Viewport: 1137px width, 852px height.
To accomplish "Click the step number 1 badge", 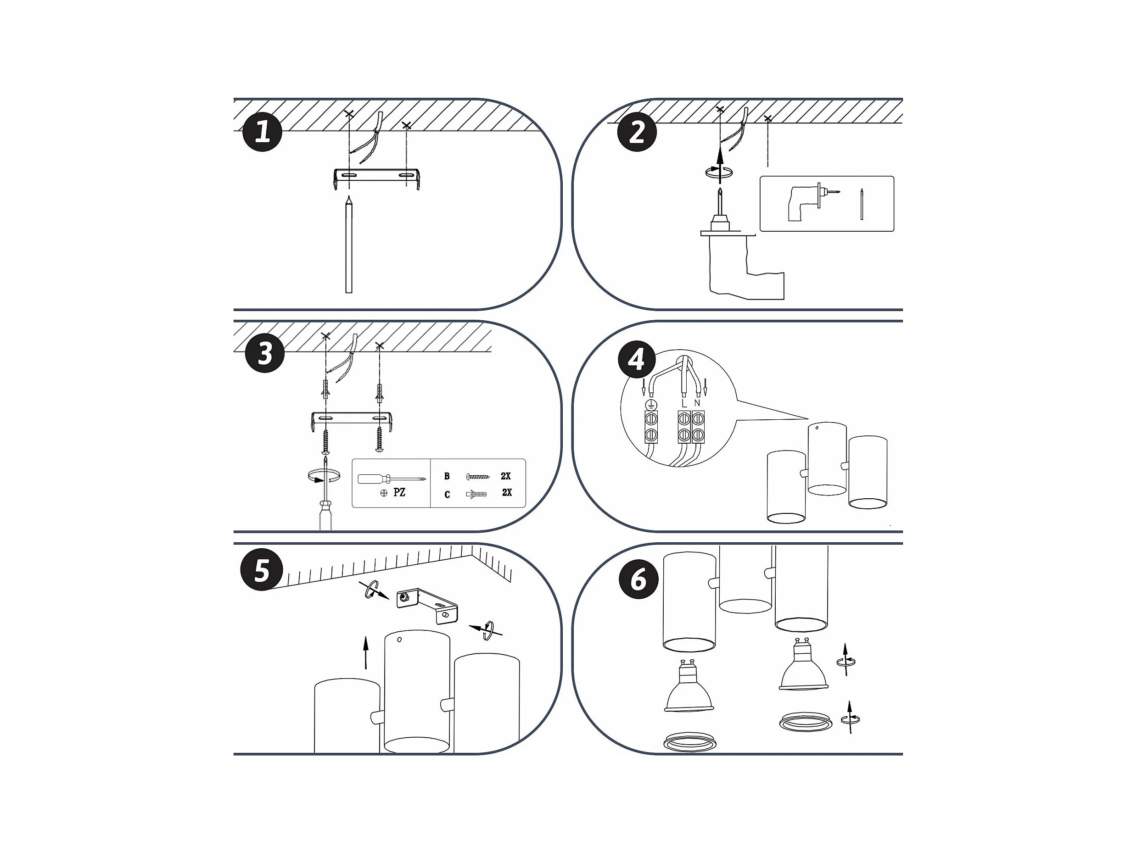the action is click(262, 132).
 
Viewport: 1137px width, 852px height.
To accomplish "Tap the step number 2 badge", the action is click(637, 132).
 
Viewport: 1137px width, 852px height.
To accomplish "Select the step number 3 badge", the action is click(265, 353).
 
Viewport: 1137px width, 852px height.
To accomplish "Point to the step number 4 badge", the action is click(637, 359).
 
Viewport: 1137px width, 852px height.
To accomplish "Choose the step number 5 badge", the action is click(262, 570).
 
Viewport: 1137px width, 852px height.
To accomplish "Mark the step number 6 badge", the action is click(639, 579).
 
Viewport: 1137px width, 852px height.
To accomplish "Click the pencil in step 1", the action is click(349, 245).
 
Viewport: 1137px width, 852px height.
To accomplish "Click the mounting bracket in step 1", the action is click(377, 178).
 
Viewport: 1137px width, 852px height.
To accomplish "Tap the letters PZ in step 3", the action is click(399, 492).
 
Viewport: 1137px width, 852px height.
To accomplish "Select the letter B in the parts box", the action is click(447, 476).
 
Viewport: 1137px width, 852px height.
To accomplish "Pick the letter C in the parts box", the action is click(447, 494).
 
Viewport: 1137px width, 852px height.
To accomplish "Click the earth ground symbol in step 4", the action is click(651, 404).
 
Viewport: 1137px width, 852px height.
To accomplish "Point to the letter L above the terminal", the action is click(684, 403).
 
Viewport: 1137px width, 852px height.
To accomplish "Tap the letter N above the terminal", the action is click(697, 403).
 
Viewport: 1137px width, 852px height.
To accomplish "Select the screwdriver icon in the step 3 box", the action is click(392, 479).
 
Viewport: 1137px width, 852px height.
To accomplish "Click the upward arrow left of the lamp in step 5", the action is click(365, 652).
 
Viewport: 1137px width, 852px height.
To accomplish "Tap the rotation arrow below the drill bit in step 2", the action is click(718, 172).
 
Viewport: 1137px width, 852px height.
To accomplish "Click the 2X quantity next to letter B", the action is click(506, 476).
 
